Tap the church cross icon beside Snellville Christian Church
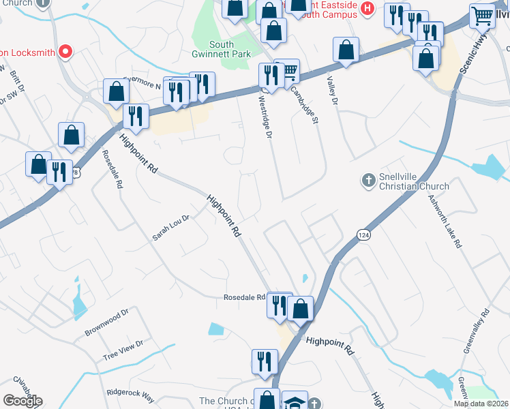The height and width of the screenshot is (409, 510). coord(368,180)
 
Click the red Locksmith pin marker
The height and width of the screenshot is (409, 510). coord(65,50)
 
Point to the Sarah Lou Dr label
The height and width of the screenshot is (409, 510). coord(170,228)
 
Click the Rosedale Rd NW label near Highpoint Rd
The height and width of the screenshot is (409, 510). coord(244,297)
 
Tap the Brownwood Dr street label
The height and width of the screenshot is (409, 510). coord(107,322)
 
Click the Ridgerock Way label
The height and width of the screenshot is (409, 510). coord(130,393)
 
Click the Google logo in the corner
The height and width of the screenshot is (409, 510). coord(22,401)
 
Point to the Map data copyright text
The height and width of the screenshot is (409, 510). coord(481,404)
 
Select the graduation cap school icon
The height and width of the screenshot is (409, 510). coord(295,402)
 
